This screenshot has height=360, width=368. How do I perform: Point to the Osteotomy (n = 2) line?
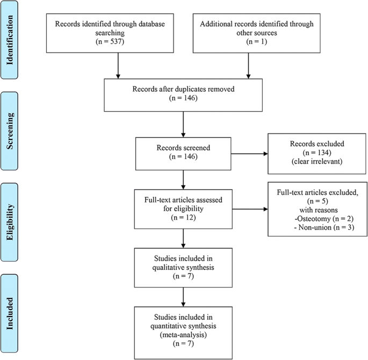click(x=312, y=223)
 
